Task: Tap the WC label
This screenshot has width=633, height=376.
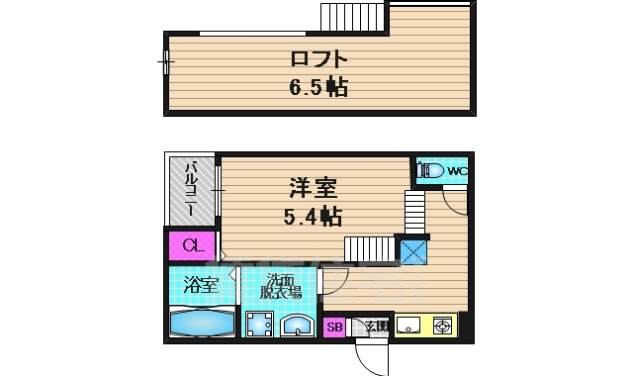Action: point(456,171)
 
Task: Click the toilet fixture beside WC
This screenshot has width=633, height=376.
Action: point(430,170)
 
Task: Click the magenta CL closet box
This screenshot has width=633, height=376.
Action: point(193,244)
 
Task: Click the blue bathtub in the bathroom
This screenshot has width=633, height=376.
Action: point(201,322)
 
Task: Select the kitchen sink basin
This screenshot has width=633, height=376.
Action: point(408,325)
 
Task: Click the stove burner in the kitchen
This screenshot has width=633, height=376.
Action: point(442,325)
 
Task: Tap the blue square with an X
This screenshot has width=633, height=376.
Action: point(412,251)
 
